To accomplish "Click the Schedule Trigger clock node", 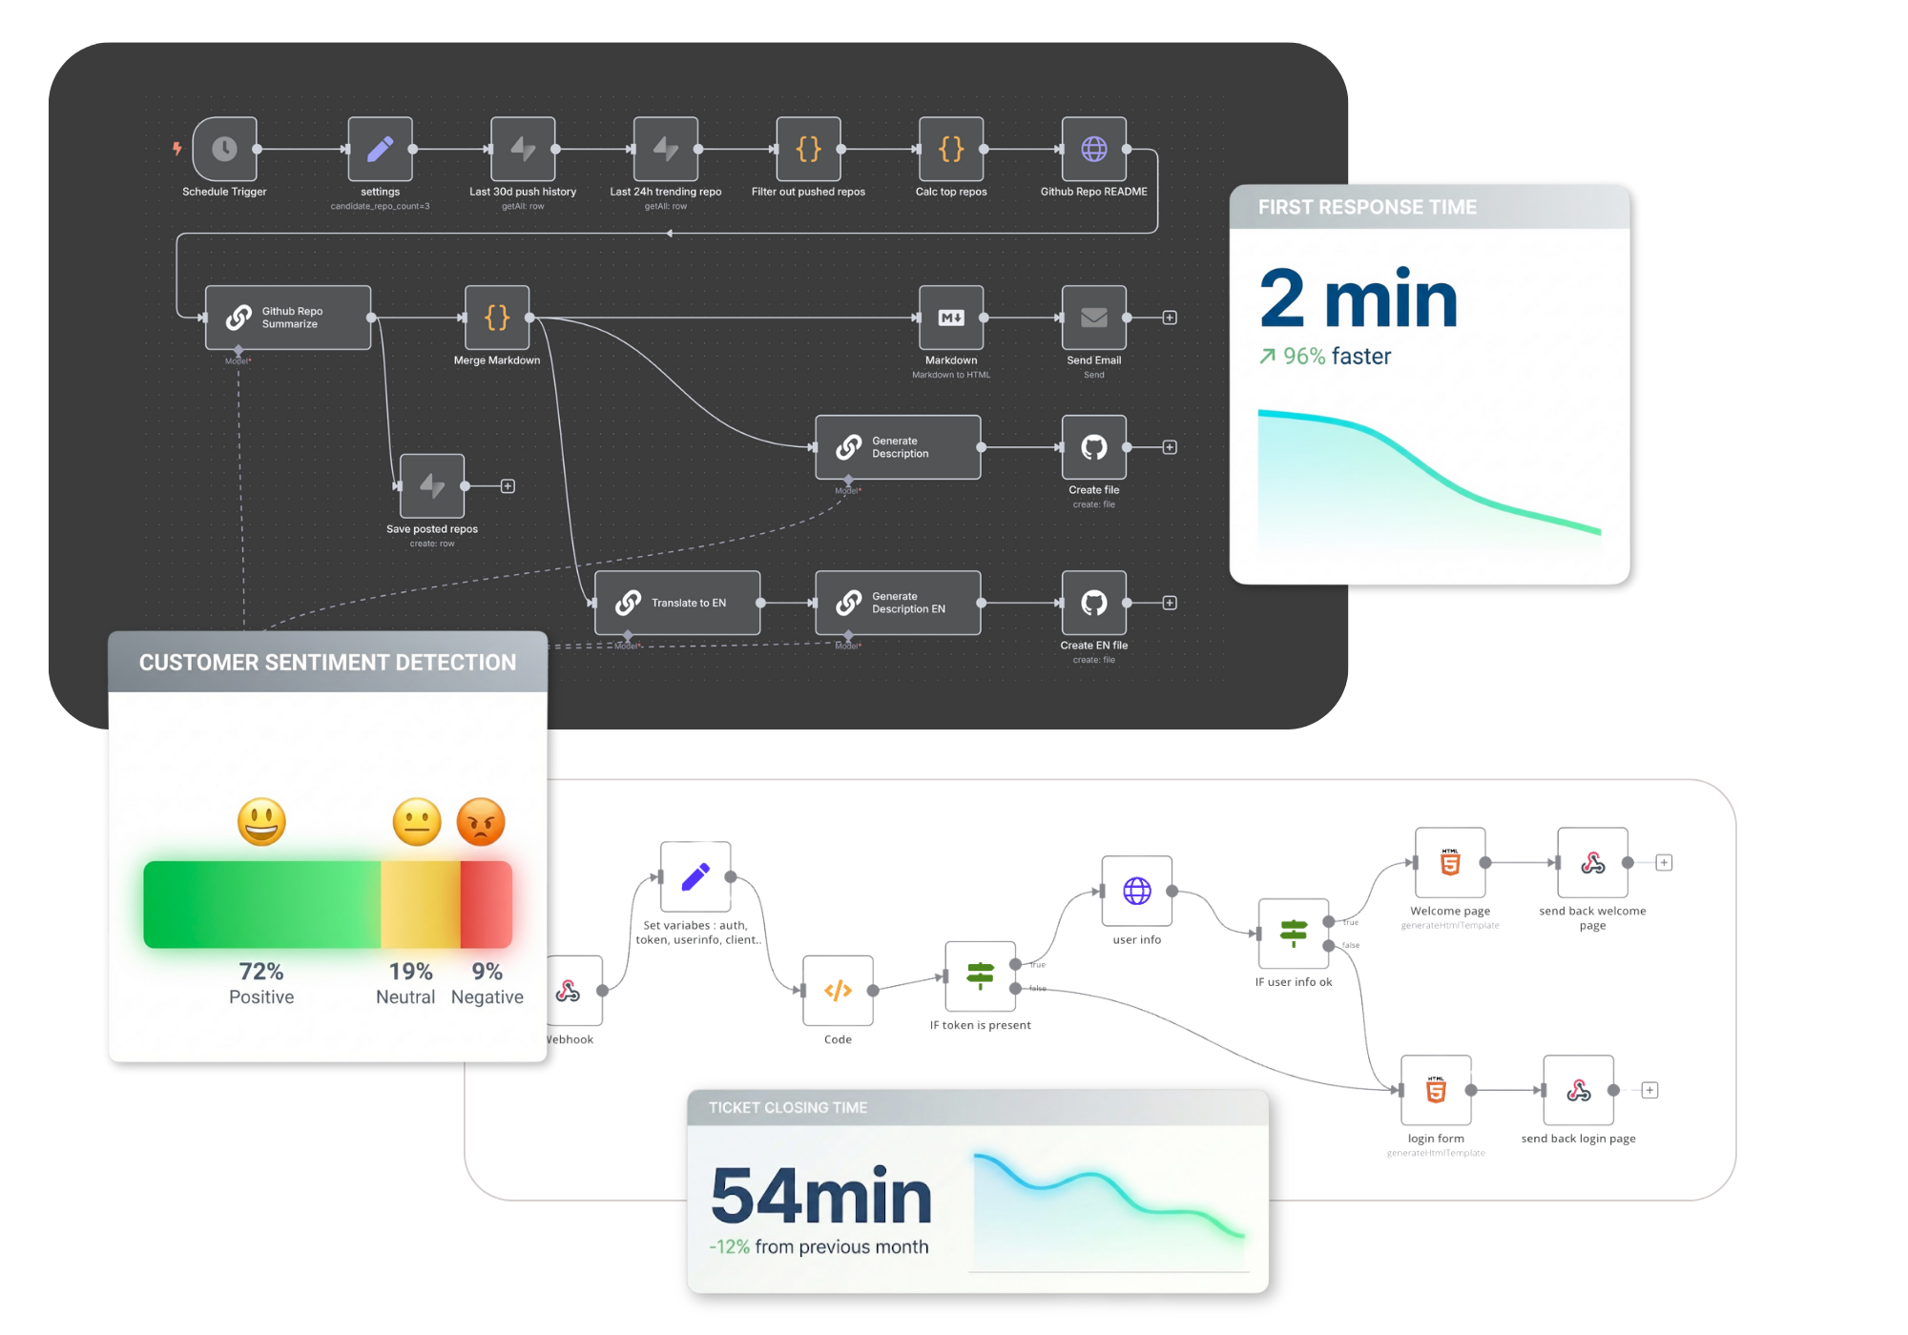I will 225,149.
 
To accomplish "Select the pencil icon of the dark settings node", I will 380,149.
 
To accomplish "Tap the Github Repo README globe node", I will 1094,149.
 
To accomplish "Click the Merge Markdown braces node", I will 497,318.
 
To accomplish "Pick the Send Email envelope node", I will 1094,318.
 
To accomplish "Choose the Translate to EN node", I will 677,603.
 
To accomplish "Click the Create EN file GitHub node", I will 1094,603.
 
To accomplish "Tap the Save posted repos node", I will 432,486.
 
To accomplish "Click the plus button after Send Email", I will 1170,318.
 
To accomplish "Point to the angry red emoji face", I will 481,822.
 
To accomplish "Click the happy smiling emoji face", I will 261,822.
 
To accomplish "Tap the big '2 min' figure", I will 1358,299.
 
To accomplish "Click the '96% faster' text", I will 1336,357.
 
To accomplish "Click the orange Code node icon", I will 838,991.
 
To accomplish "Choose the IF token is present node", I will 980,976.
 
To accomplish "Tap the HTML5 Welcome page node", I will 1450,863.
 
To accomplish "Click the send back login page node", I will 1579,1090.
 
